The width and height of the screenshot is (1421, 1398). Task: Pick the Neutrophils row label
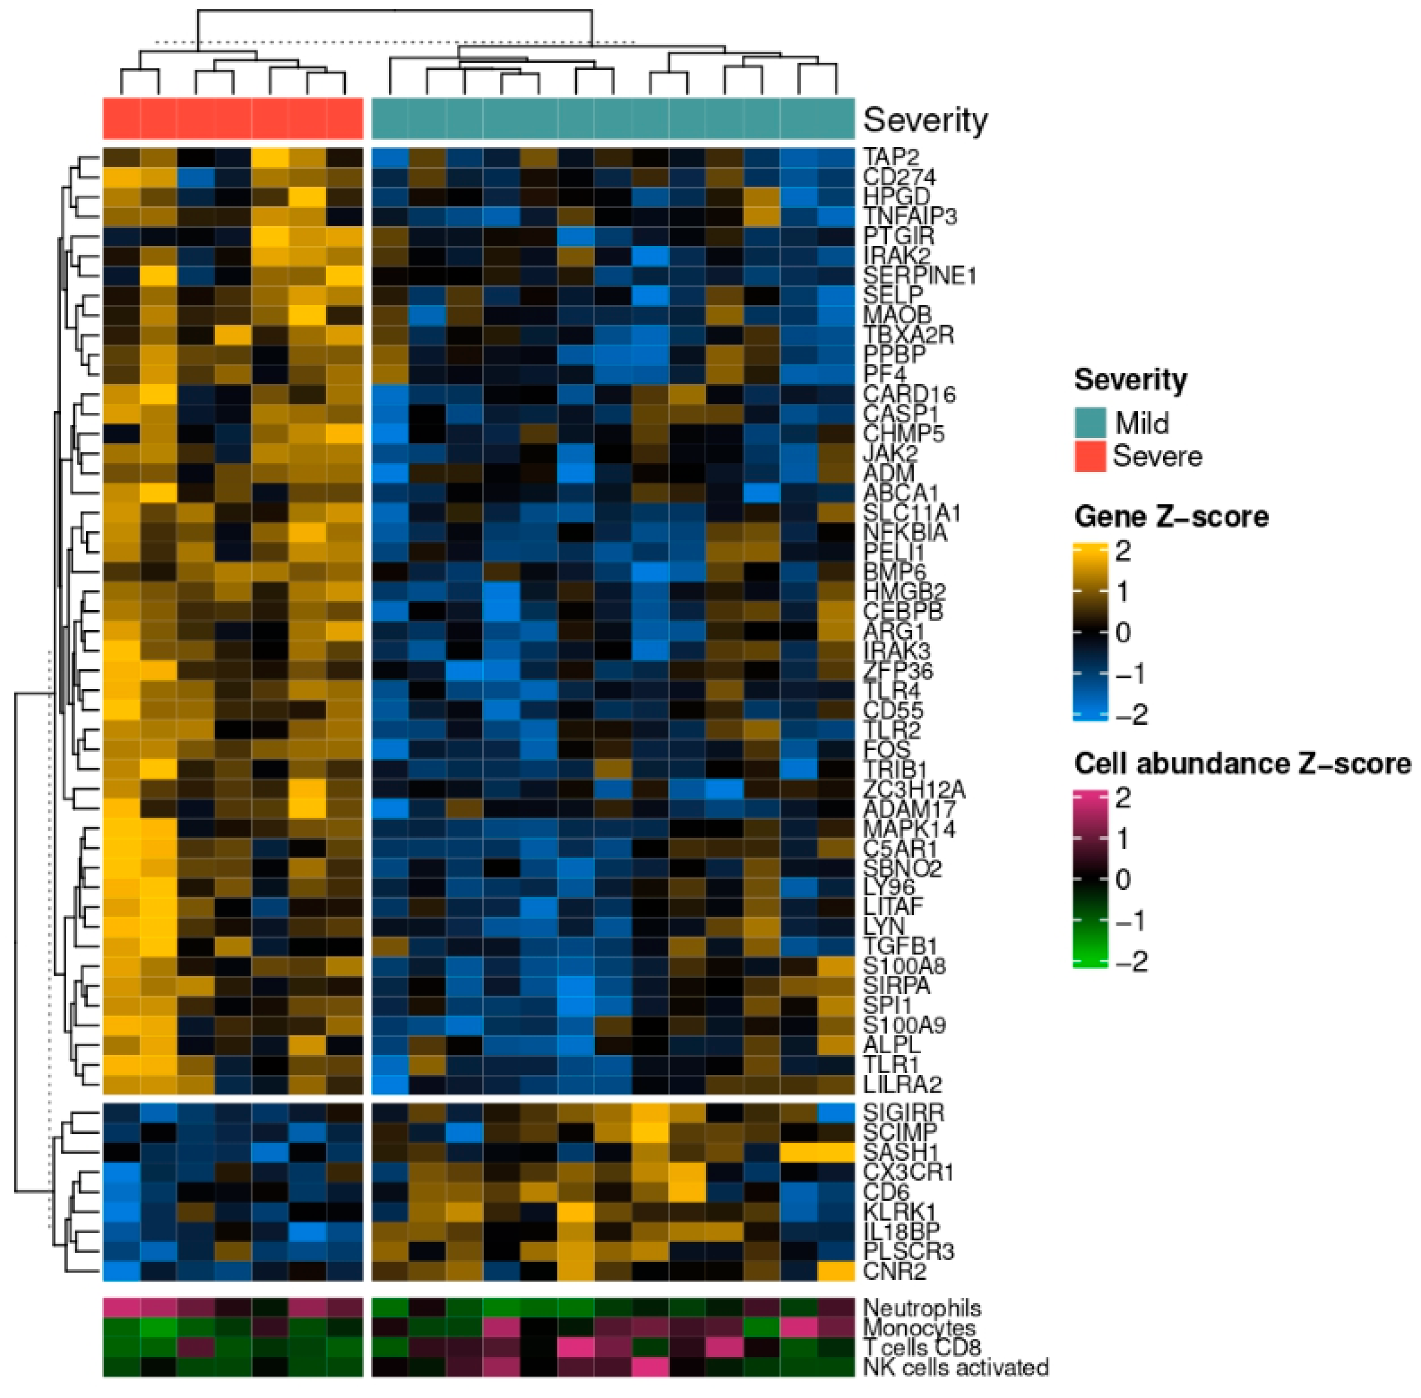[x=922, y=1308]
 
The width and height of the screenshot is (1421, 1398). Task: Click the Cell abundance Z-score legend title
[x=1242, y=764]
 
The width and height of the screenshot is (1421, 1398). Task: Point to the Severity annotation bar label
[x=925, y=120]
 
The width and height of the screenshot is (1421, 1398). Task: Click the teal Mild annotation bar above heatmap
[x=613, y=118]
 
